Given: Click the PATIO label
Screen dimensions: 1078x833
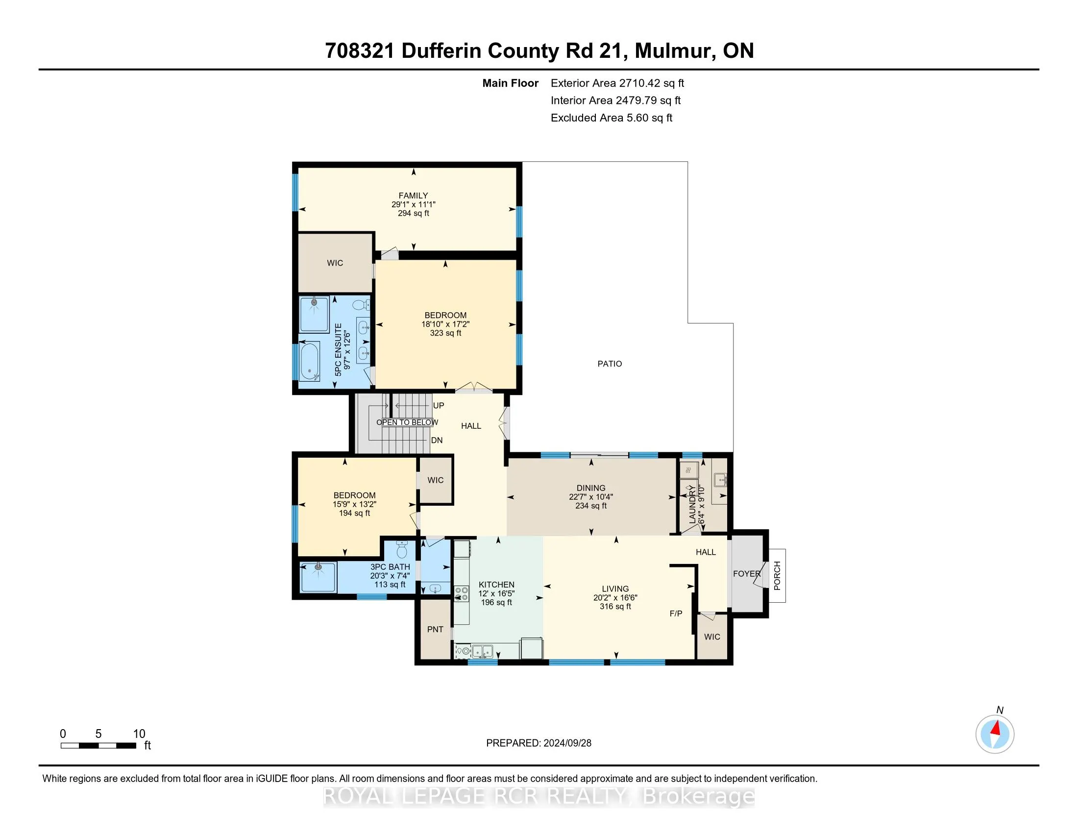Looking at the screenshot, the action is (610, 364).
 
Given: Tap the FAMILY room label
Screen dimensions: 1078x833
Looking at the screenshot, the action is (414, 196).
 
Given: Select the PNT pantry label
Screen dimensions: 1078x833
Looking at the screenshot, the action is (435, 629).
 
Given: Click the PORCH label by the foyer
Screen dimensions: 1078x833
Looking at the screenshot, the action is (778, 575).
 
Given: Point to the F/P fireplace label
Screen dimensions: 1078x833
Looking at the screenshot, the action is (676, 613).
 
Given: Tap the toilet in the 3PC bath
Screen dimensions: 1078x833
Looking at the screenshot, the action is (402, 549).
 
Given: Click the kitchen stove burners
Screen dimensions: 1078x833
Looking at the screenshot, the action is (462, 594).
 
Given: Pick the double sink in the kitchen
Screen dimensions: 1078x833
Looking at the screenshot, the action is (482, 651).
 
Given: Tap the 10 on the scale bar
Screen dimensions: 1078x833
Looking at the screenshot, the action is (139, 734).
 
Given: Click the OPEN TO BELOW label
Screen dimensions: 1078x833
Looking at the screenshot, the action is (407, 422).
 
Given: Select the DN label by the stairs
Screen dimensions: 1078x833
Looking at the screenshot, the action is (437, 440).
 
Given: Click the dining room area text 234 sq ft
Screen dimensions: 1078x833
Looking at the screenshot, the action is (591, 506).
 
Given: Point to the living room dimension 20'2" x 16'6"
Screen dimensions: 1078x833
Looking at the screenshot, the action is (615, 598).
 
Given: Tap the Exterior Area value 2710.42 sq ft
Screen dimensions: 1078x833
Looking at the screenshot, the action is (652, 83).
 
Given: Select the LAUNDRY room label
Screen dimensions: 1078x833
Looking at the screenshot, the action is (692, 504).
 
